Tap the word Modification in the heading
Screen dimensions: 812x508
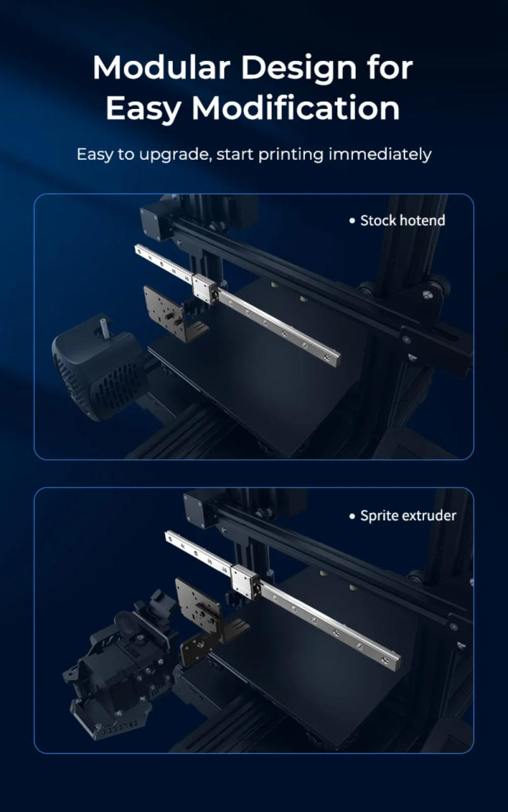tap(296, 108)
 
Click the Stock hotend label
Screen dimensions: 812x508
tap(403, 221)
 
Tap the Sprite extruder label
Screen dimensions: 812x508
tap(408, 516)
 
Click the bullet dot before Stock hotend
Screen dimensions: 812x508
tap(352, 221)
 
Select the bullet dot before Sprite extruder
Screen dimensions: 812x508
tap(352, 516)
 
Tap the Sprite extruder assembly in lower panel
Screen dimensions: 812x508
tap(121, 660)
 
